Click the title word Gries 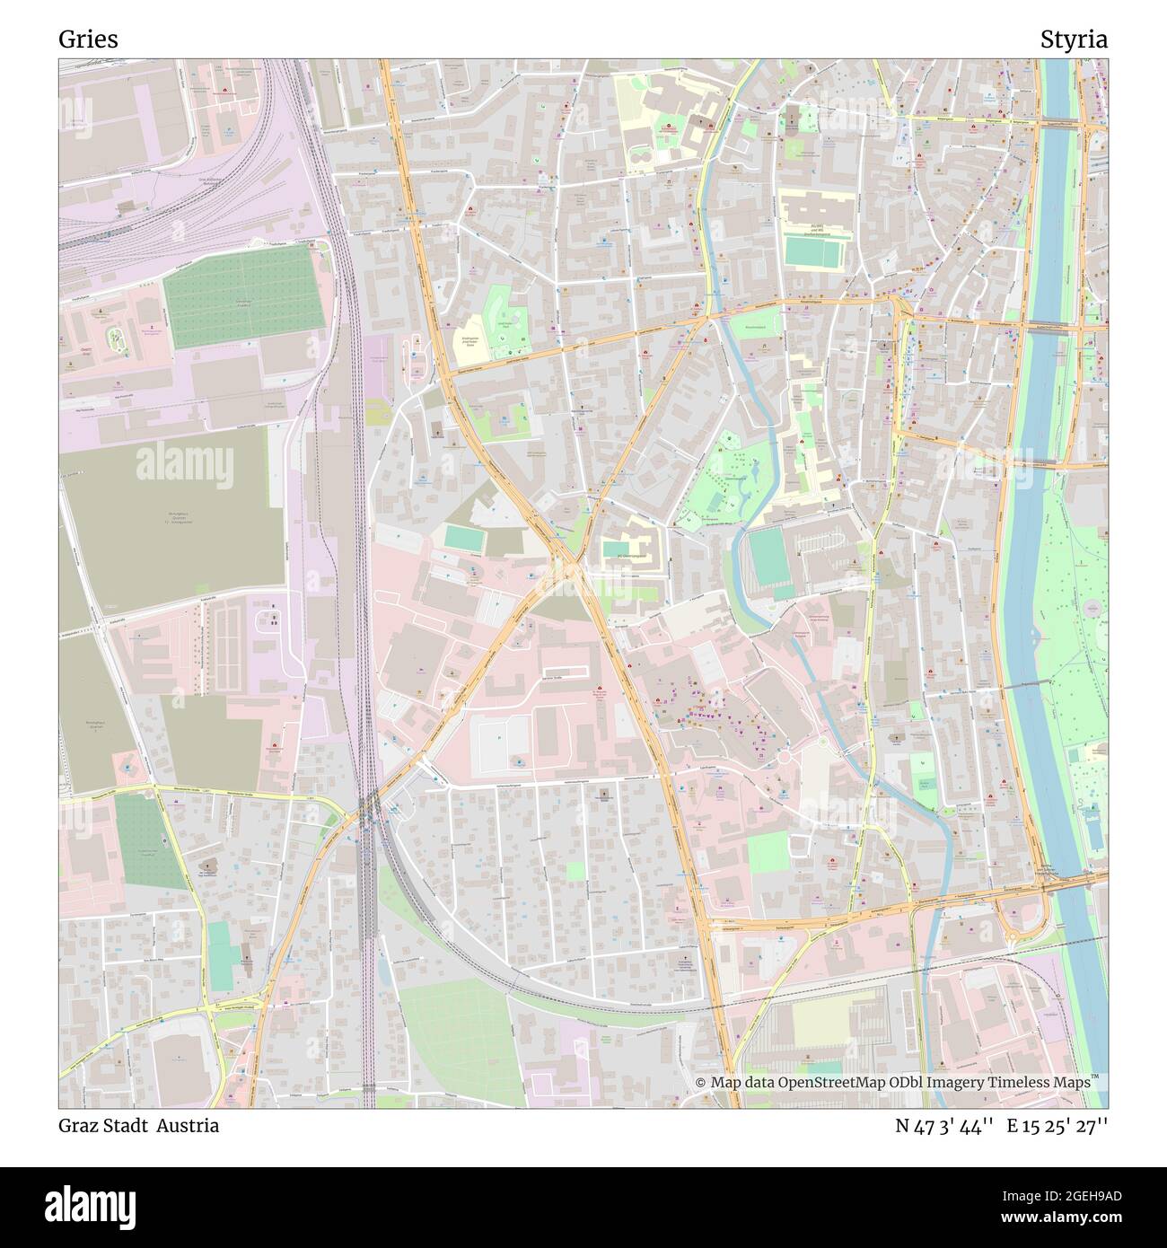[x=88, y=40]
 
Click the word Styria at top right [x=1074, y=40]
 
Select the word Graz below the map [x=80, y=1126]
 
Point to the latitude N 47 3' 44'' [x=943, y=1126]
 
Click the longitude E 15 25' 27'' [x=1057, y=1126]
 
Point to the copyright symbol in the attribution [x=701, y=1083]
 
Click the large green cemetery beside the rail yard [x=244, y=296]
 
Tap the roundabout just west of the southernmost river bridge [x=1013, y=934]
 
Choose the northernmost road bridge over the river [x=1057, y=124]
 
